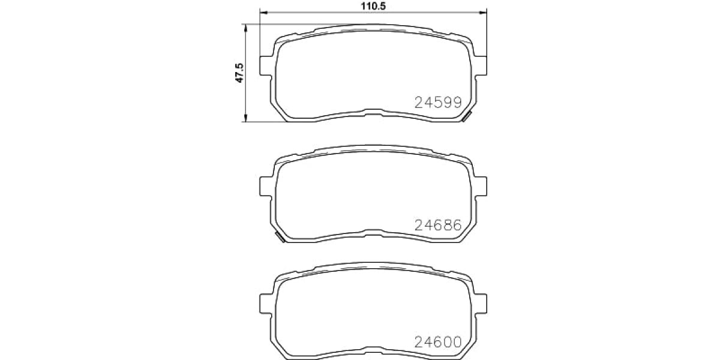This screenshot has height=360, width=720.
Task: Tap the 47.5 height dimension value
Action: coord(239,73)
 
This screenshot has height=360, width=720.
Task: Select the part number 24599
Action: coord(438,103)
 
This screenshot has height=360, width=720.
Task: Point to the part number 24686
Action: coord(438,225)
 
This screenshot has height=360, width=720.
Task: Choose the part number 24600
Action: coord(438,342)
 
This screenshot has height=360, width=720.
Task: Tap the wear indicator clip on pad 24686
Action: coord(279,238)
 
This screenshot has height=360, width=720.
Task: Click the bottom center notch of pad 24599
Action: coord(373,111)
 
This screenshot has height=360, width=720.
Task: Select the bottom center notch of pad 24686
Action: coord(373,231)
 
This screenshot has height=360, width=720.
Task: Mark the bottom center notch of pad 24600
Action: coord(373,348)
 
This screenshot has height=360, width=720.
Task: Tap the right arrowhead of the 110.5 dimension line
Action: coord(483,12)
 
